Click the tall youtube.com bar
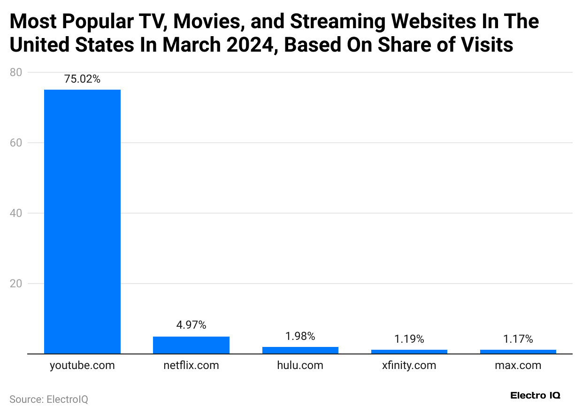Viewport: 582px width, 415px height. pos(82,221)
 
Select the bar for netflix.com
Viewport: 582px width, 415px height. pos(191,345)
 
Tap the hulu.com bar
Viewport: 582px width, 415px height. pos(300,350)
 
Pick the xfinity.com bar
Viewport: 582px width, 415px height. pos(409,352)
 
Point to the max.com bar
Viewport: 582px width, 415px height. pos(518,352)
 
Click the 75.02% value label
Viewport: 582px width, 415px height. pos(82,79)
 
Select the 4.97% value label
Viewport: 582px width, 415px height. pos(191,325)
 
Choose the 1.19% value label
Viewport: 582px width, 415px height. pos(409,338)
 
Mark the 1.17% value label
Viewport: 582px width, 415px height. pos(518,338)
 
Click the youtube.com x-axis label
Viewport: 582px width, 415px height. pos(82,365)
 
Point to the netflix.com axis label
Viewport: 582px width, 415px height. pos(191,365)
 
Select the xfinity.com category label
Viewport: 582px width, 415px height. pos(409,365)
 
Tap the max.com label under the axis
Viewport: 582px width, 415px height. pos(518,365)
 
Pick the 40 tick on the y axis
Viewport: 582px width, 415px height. pos(15,213)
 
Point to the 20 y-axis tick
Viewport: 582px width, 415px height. pos(15,284)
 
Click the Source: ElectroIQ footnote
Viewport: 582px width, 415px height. pos(49,400)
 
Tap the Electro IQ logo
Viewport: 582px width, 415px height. pos(535,395)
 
